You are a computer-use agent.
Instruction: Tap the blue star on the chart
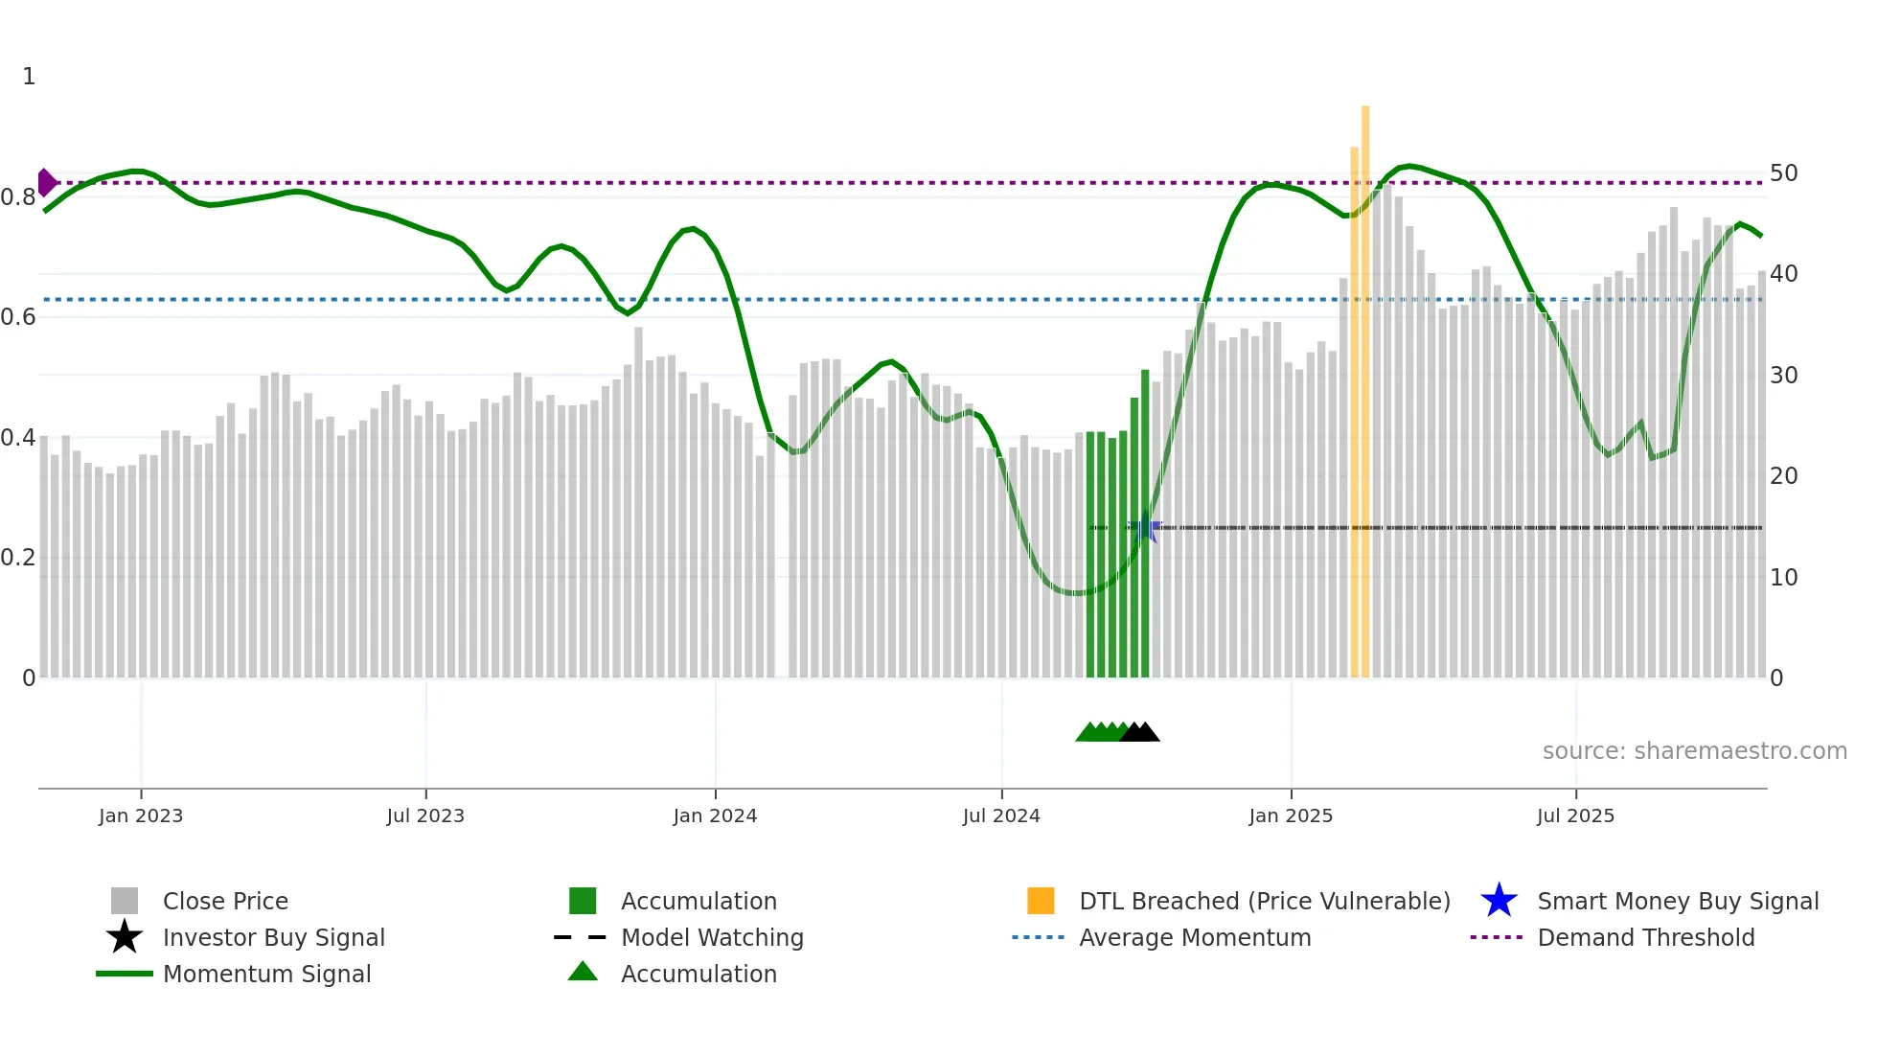[x=1144, y=528]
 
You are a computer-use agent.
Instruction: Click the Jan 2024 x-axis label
[x=715, y=815]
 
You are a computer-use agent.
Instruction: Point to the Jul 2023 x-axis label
[x=425, y=815]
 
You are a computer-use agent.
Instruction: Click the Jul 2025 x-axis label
[x=1575, y=815]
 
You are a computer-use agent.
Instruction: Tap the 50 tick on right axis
[x=1783, y=173]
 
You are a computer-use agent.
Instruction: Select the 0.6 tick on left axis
[x=18, y=317]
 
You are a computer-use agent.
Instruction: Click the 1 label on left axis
[x=29, y=77]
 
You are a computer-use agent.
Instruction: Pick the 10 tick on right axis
[x=1783, y=577]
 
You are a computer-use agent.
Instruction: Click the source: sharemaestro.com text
[x=1694, y=751]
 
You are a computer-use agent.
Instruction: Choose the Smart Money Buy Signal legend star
[x=1499, y=901]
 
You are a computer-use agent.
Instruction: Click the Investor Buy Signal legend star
[x=125, y=937]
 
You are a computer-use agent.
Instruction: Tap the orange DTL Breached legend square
[x=1041, y=901]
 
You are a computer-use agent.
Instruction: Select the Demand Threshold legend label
[x=1645, y=937]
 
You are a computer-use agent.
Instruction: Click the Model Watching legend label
[x=712, y=937]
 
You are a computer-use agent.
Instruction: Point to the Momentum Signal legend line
[x=125, y=974]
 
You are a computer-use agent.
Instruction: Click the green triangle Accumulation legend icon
[x=583, y=972]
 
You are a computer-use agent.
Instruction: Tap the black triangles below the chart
[x=1139, y=733]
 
